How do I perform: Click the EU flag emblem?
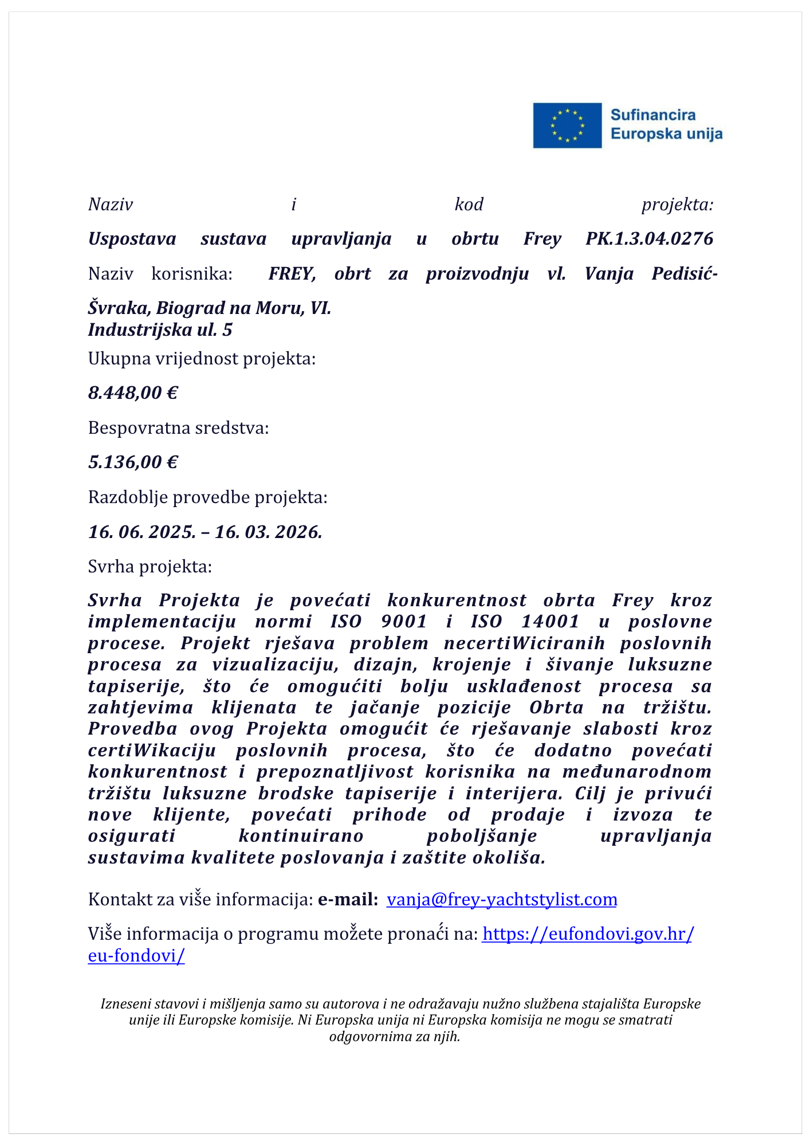(567, 125)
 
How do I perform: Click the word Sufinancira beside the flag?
(652, 115)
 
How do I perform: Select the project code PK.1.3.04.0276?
(649, 238)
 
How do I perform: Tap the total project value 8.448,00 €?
(133, 393)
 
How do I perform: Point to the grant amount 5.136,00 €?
(133, 462)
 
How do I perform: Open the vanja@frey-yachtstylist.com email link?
(502, 900)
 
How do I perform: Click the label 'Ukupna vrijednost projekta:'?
(202, 359)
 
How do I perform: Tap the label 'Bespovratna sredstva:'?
(178, 428)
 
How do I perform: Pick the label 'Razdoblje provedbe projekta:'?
(207, 497)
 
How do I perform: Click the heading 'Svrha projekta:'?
(150, 567)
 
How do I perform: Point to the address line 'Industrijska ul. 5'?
(160, 330)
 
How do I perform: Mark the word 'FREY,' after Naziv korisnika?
(292, 274)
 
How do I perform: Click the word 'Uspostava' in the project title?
(132, 238)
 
